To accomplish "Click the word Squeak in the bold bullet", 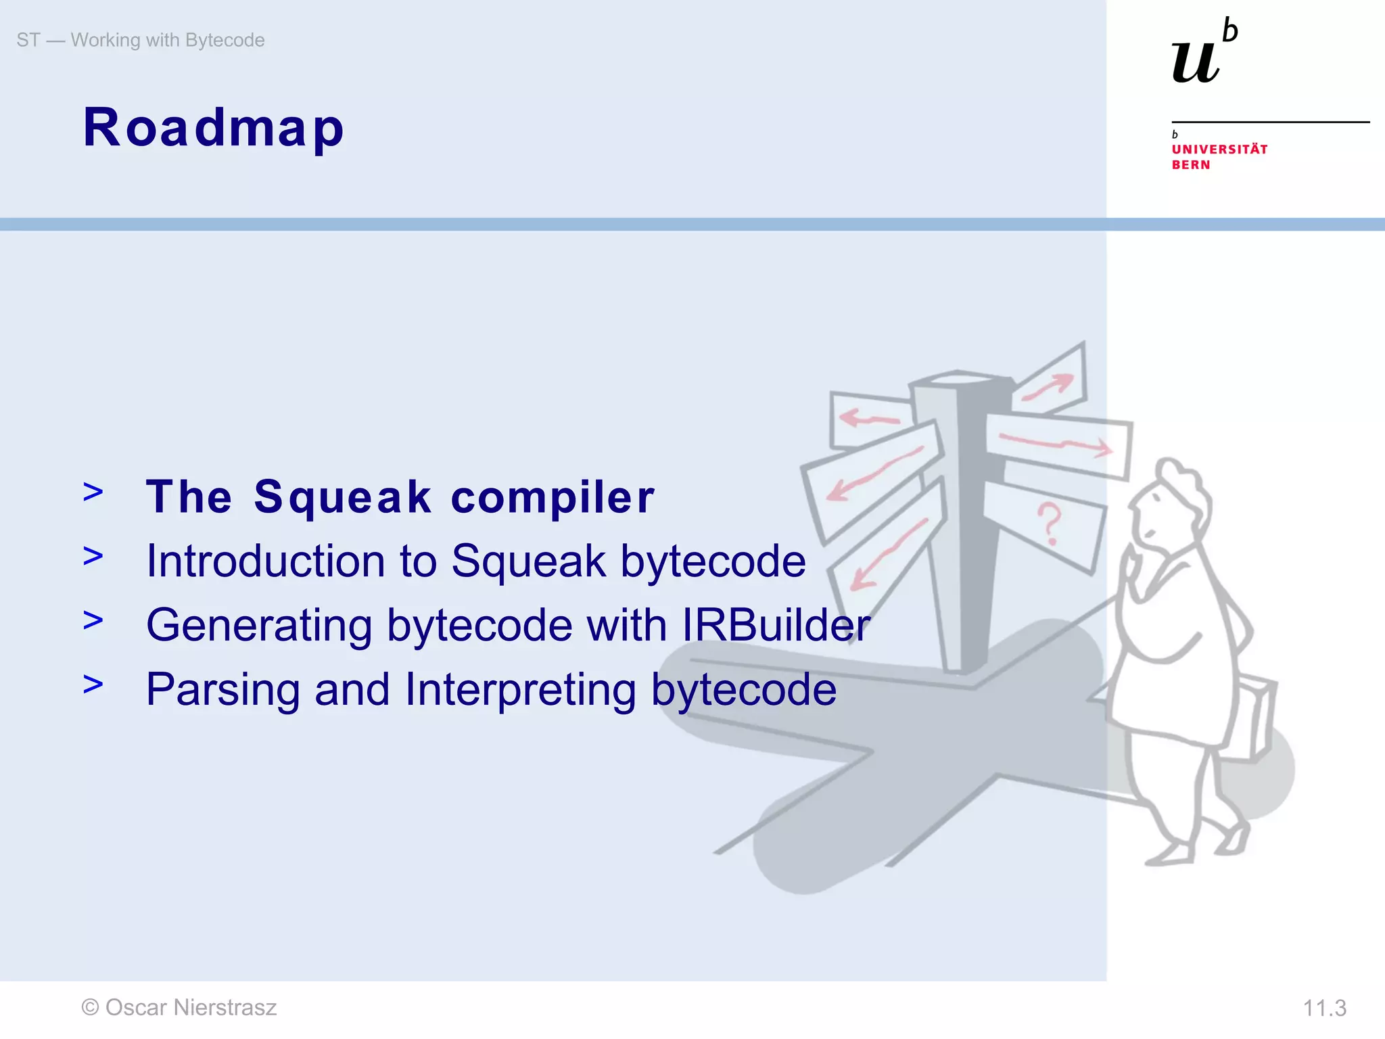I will point(342,498).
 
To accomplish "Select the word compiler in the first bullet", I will point(552,498).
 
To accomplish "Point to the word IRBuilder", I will point(776,625).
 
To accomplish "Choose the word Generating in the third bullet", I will point(259,626).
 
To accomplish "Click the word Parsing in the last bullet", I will point(222,690).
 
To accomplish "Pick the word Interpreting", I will point(520,691).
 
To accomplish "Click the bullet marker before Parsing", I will point(93,685).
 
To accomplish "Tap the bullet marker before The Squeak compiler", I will point(93,492).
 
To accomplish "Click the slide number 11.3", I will point(1324,1009).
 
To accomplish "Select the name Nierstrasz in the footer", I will point(225,1007).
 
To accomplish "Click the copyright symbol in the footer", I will point(90,1008).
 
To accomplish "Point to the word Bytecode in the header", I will point(225,40).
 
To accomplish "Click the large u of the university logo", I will point(1195,62).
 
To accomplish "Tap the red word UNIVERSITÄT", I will point(1219,149).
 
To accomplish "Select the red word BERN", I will point(1191,165).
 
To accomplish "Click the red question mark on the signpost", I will point(1049,523).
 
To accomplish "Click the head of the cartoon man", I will point(1170,504).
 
